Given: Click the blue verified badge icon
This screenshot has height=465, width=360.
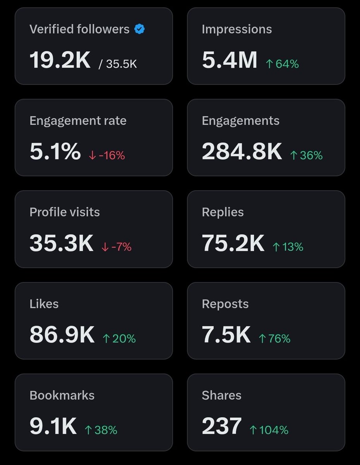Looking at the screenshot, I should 139,29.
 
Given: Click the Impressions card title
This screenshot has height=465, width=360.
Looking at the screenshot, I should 237,29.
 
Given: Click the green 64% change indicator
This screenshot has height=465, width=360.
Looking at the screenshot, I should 282,64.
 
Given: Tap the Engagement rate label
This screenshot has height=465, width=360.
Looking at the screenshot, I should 78,121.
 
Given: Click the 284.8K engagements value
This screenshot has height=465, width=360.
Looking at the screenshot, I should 242,152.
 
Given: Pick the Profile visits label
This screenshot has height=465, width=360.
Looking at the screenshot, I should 65,212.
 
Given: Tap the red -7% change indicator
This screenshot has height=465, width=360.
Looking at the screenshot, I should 116,247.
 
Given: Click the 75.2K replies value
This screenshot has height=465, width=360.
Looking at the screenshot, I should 233,243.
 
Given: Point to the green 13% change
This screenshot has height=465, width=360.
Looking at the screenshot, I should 288,247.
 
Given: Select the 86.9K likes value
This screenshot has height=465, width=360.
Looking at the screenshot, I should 62,335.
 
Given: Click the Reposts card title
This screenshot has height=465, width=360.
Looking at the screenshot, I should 225,304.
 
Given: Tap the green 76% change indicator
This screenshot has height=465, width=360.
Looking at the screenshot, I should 274,339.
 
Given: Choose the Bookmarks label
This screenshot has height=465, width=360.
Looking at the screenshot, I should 62,395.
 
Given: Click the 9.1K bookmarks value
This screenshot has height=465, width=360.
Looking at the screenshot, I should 53,426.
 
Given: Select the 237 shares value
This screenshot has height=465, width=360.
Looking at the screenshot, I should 222,426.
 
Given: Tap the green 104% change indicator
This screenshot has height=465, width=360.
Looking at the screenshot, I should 269,430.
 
